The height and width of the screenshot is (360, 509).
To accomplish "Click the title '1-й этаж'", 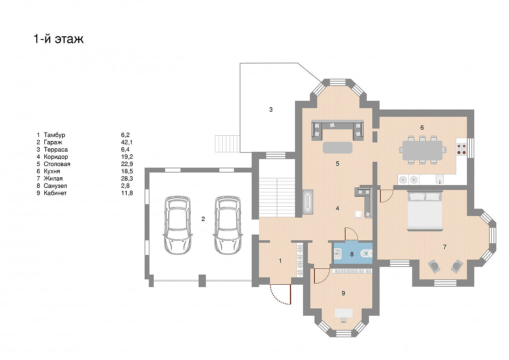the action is point(59,39).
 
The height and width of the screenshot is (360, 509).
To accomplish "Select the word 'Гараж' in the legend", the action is point(53,142).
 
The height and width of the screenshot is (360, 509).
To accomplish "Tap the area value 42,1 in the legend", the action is point(127,142).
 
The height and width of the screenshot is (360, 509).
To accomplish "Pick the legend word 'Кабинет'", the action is point(55,193).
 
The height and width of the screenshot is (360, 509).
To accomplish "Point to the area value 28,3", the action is point(127,179).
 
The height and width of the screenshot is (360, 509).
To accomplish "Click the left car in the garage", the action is point(177,225).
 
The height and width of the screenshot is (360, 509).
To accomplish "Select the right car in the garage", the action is point(228,225).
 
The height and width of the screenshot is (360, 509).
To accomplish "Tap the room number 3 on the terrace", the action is point(271,110).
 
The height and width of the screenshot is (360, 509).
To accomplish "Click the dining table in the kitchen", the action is point(422,150).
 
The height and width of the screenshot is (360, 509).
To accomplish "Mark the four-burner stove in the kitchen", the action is point(462,149).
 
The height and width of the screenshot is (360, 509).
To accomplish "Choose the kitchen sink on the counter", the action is point(440,179).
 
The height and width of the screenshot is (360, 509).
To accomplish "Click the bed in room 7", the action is point(425,211).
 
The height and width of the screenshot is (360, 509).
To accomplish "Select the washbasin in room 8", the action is point(338,254).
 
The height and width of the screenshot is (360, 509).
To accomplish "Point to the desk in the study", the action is point(344,313).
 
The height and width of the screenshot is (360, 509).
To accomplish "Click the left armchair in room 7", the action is point(434,266).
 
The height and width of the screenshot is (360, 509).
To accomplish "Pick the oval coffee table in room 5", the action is point(337,147).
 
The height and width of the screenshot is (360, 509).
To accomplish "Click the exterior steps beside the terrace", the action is point(227,144).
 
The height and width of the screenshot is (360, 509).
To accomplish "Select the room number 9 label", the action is point(343,293).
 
